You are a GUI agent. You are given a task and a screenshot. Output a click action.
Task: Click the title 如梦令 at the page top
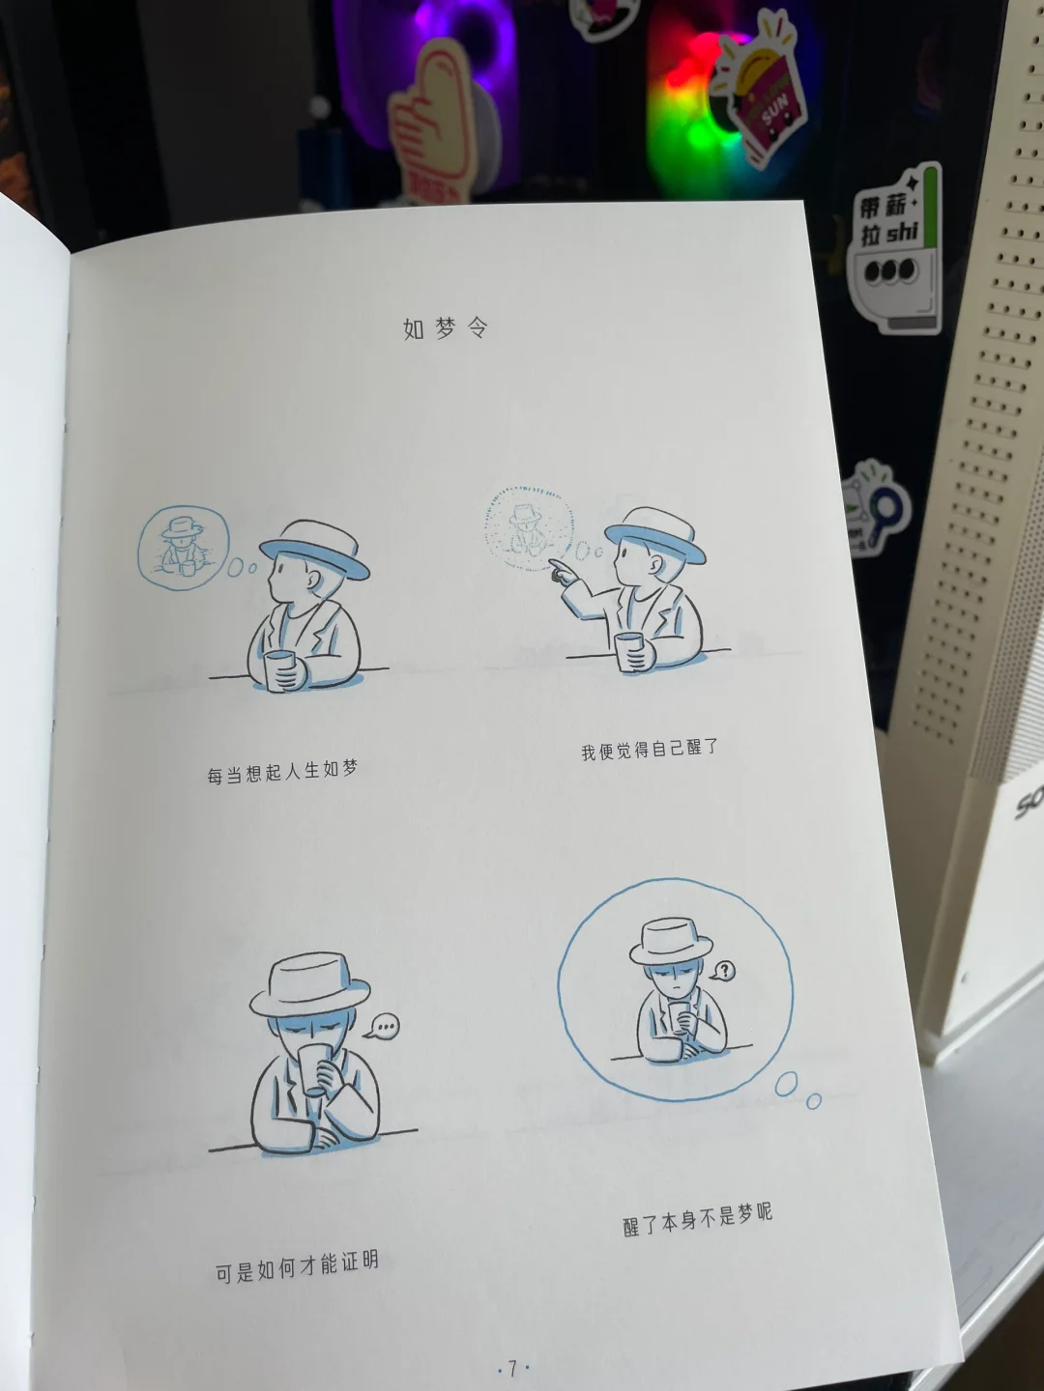tap(446, 328)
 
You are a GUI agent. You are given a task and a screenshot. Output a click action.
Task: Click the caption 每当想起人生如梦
tap(282, 772)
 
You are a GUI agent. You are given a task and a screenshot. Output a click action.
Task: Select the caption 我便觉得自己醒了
tap(650, 750)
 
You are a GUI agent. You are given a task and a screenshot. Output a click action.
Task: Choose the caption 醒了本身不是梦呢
tap(698, 1220)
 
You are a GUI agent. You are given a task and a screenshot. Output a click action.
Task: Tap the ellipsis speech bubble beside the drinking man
tap(383, 1027)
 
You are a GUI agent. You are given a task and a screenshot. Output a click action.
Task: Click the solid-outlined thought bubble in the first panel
tap(183, 549)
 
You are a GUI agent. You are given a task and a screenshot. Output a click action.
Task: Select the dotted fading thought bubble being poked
tap(529, 527)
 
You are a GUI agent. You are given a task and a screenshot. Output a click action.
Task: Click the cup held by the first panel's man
tap(280, 670)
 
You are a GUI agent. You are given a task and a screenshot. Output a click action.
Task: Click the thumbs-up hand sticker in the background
tap(433, 120)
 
